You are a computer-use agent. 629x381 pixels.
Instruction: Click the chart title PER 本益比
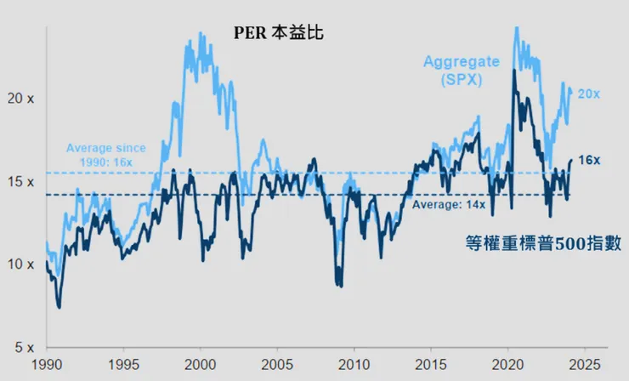279,34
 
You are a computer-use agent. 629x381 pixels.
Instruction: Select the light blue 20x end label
588,94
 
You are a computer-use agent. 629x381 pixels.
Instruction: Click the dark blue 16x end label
590,160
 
